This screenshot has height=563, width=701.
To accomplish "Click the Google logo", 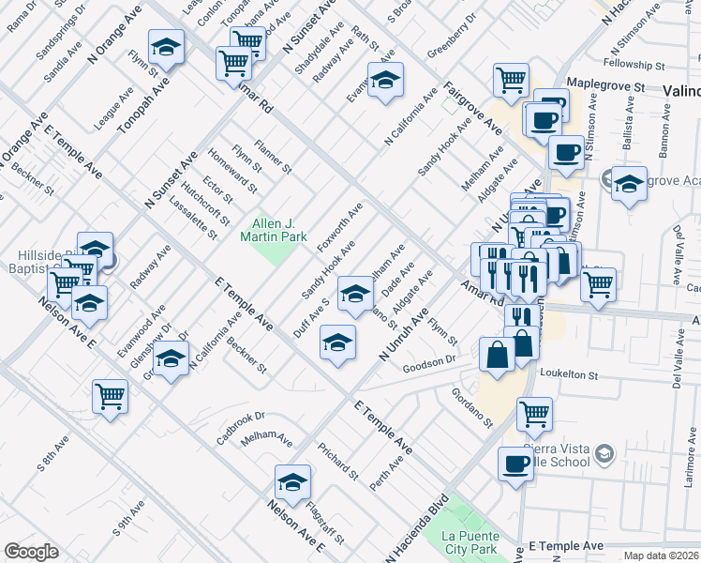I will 31,552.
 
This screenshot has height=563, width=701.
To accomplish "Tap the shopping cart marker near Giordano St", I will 534,413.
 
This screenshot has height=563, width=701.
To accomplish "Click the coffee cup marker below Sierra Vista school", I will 515,464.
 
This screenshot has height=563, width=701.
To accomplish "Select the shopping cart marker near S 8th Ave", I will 111,397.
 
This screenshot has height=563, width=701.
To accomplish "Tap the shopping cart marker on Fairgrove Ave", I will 511,81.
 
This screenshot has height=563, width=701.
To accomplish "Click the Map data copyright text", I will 661,555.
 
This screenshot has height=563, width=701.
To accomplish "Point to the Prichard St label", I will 337,460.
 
